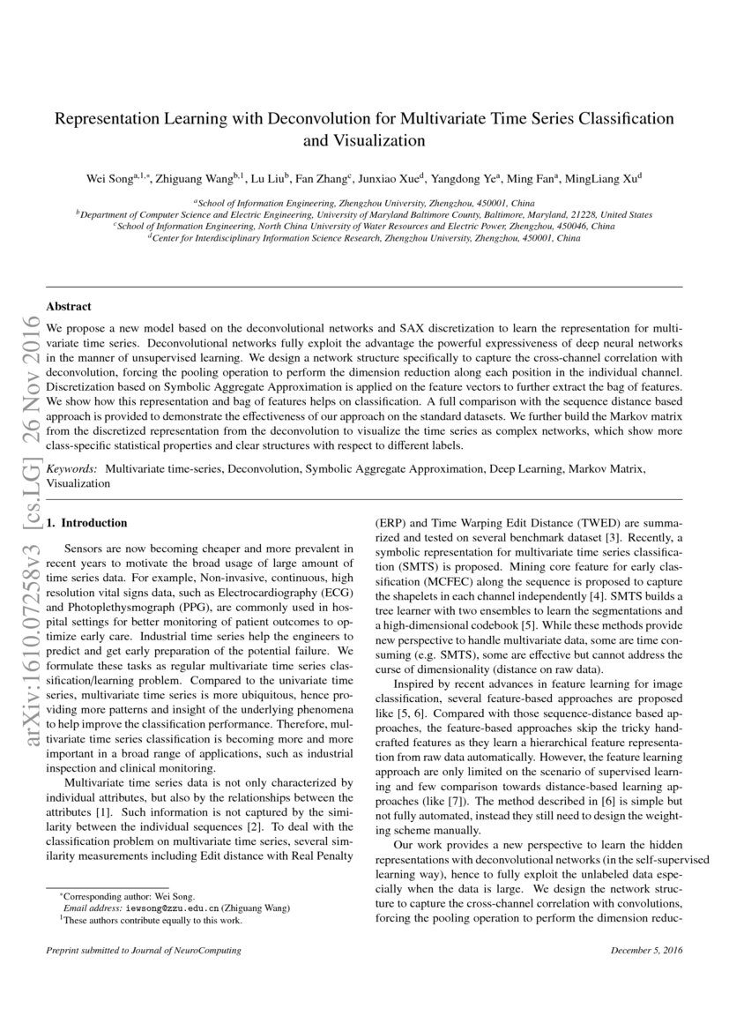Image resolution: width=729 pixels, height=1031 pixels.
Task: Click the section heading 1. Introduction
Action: pos(86,523)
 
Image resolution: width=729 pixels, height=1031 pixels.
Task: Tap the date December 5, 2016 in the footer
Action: pos(645,951)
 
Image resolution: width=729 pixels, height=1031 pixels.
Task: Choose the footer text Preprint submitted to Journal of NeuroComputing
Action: pos(143,951)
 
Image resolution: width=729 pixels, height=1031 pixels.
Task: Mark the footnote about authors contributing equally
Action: pos(141,918)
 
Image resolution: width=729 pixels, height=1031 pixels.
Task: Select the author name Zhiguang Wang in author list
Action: pos(193,179)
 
